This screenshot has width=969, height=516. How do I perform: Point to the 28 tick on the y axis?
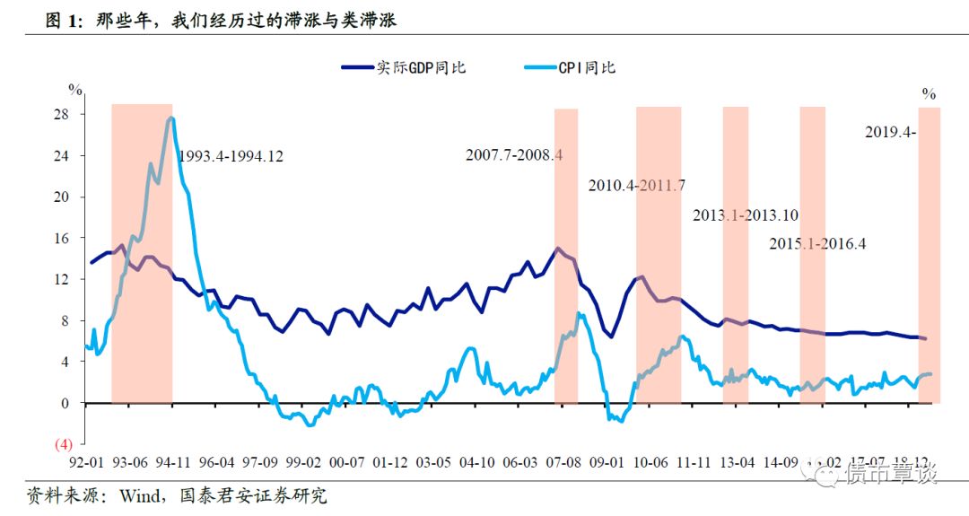coord(64,114)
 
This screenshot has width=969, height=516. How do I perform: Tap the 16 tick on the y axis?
coord(64,238)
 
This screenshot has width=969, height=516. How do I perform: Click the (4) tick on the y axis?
coord(64,444)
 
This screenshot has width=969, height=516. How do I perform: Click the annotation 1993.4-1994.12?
coord(231,156)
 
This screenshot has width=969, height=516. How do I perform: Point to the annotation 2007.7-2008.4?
coord(514,154)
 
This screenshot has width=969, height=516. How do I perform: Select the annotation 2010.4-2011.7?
coord(637,186)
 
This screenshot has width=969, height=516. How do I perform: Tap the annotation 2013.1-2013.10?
coord(746,215)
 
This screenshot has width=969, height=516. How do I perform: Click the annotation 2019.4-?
coord(890,132)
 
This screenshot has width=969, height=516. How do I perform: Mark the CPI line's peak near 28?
coord(171,118)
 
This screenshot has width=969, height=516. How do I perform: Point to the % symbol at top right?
coord(929,93)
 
